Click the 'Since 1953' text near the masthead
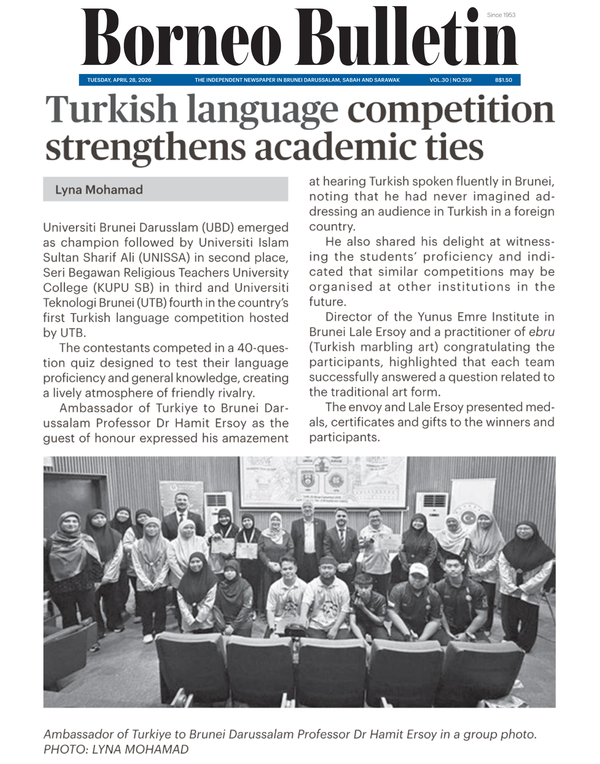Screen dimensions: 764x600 pos(501,15)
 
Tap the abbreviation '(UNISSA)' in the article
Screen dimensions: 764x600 pos(164,258)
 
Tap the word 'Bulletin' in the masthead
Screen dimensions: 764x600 pos(406,37)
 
